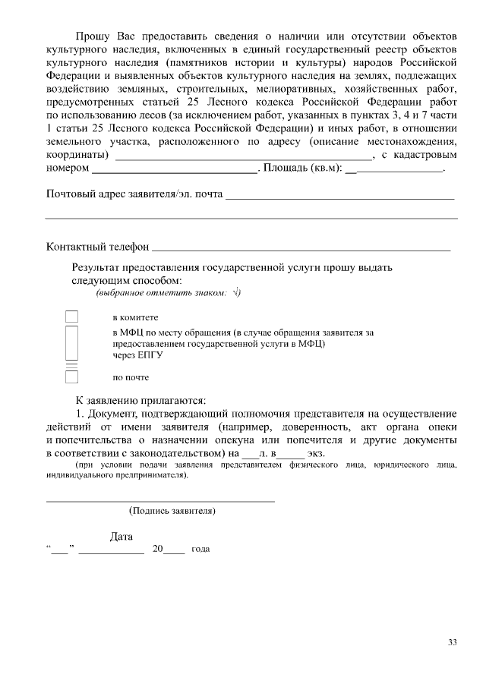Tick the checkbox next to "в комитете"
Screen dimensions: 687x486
tap(71, 317)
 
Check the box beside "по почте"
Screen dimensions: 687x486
tap(71, 377)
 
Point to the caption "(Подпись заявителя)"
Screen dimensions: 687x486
tap(172, 511)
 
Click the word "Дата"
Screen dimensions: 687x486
tap(121, 537)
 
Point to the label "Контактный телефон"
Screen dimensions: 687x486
tap(97, 247)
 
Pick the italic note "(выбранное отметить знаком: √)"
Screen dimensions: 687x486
tap(168, 293)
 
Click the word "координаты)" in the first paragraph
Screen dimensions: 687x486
tap(77, 155)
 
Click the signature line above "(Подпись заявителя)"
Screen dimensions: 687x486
tap(160, 500)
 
